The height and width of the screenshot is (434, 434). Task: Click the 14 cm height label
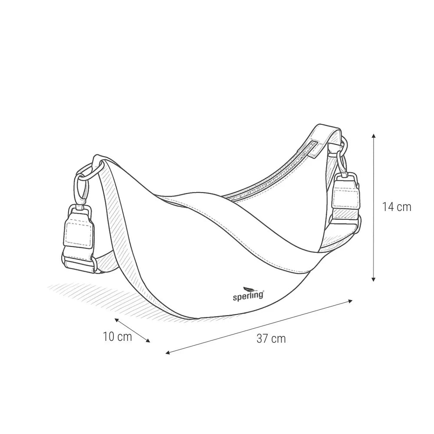397,207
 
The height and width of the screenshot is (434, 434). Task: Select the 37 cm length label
271,339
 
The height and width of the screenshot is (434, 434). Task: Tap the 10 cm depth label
117,336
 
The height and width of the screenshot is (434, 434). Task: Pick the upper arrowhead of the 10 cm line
117,320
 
